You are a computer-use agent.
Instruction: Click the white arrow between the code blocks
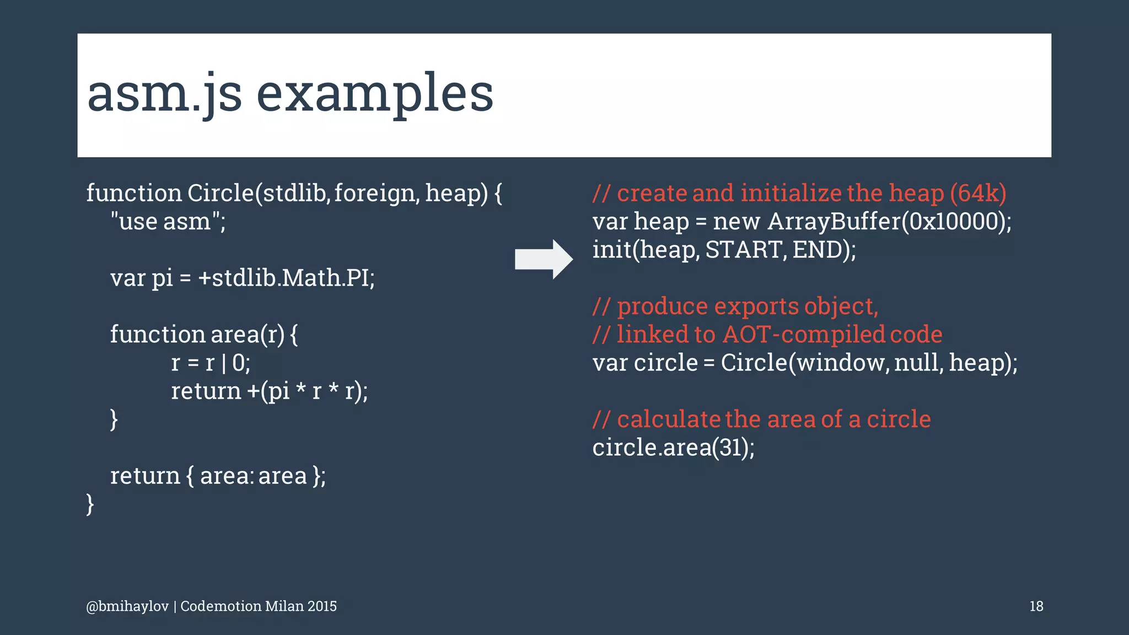click(x=543, y=259)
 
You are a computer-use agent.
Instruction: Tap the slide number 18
click(x=1036, y=606)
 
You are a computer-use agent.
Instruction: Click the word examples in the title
click(x=375, y=94)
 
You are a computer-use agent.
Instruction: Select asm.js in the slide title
click(x=164, y=94)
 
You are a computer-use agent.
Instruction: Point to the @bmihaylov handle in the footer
click(x=127, y=606)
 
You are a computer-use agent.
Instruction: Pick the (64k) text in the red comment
click(x=978, y=193)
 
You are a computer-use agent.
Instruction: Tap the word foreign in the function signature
click(x=374, y=193)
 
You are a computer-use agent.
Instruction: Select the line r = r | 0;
click(x=211, y=363)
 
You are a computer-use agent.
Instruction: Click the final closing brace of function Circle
click(x=90, y=504)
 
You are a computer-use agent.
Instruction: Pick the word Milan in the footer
click(x=284, y=606)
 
